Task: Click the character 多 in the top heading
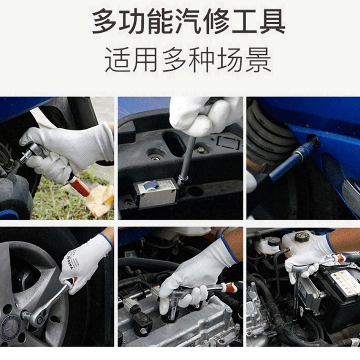pos(105,22)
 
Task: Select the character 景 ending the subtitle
pos(258,60)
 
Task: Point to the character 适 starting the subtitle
pos(118,60)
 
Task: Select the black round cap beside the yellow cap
pos(274,241)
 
